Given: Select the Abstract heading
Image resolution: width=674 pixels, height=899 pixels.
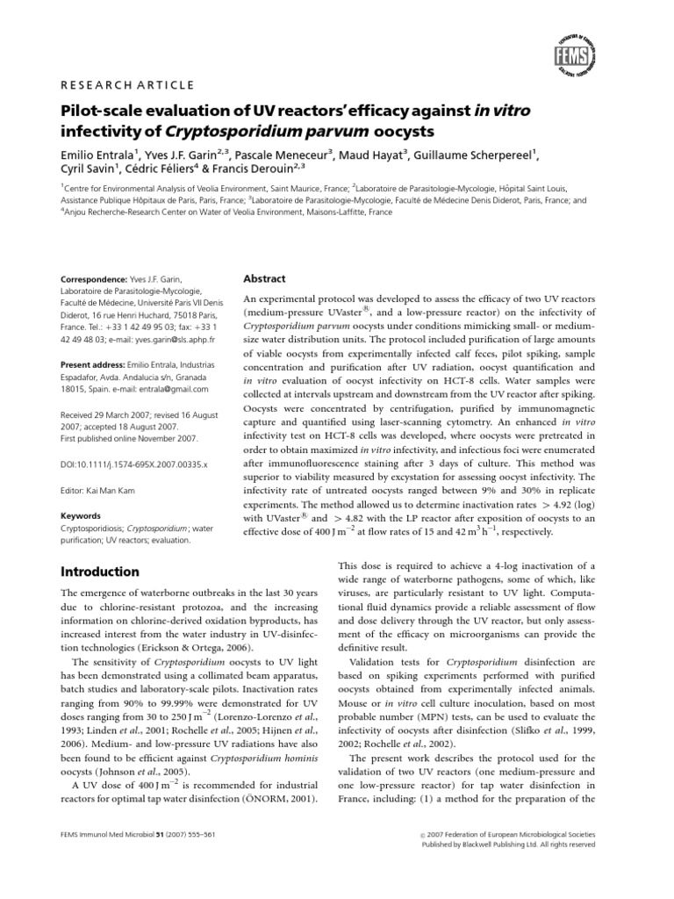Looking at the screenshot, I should [264, 279].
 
